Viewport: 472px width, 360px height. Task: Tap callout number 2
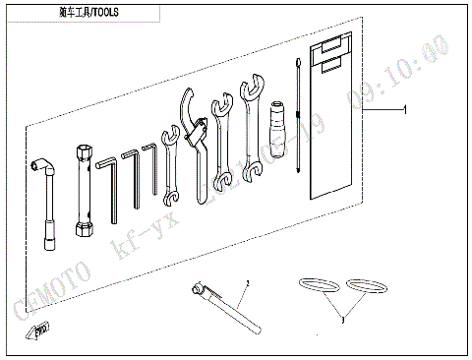248,282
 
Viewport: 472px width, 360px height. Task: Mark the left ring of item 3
315,286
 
